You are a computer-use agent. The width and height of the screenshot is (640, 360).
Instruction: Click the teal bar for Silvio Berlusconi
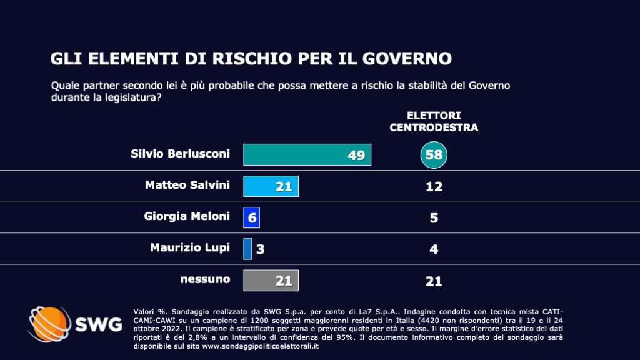point(307,154)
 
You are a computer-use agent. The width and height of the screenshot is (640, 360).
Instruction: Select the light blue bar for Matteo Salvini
point(271,186)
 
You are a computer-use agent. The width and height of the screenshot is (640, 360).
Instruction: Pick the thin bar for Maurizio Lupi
point(247,249)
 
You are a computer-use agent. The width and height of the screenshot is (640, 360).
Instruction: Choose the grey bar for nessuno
point(271,281)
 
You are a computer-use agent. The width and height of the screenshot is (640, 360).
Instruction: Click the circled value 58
point(434,155)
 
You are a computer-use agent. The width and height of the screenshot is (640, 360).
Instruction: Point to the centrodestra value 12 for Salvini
point(434,186)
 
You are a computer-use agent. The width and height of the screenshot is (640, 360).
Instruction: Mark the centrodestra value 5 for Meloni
point(434,217)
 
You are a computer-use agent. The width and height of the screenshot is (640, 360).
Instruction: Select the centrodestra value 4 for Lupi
point(434,249)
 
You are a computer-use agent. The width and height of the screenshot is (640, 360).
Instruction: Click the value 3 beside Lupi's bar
point(261,249)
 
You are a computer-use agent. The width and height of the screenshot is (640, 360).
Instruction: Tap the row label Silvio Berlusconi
point(181,154)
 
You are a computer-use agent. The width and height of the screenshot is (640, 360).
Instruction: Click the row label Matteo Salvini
point(187,185)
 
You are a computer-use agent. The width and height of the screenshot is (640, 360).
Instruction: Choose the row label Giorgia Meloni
point(187,216)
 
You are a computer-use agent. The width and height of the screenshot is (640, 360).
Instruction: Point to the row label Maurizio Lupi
point(190,247)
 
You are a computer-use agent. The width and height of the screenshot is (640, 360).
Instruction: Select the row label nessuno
point(205,279)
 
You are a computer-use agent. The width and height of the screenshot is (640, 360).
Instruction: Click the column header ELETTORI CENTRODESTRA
point(434,121)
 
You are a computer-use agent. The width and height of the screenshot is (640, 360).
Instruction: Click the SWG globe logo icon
point(49,324)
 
